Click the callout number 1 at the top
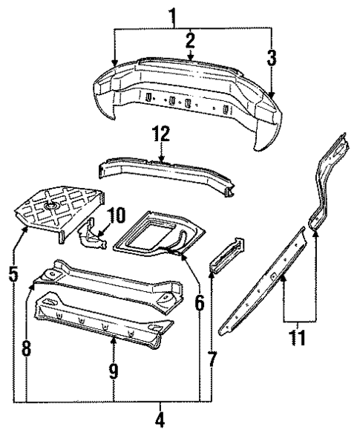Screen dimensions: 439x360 point(174,15)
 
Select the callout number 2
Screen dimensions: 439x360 point(191,40)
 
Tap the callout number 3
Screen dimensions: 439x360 point(272,56)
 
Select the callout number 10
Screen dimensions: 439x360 point(116,218)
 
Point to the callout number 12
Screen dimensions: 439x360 point(161,134)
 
